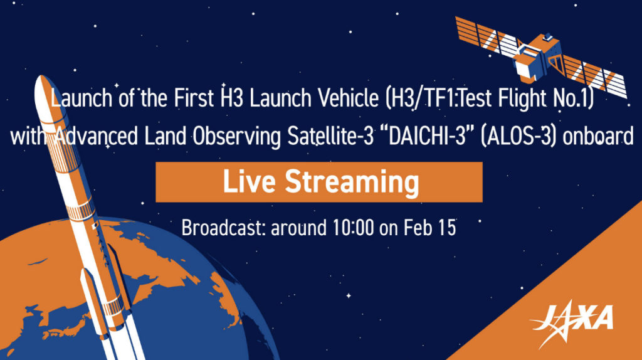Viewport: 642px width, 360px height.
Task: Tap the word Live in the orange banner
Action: [x=250, y=181]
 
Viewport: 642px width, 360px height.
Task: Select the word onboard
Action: [x=597, y=136]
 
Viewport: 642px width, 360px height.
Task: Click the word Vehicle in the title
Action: [x=348, y=98]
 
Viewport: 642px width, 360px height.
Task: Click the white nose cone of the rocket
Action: [x=43, y=96]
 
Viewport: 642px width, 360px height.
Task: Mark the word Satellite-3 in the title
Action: [x=330, y=136]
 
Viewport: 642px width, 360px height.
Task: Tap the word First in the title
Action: [x=194, y=98]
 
